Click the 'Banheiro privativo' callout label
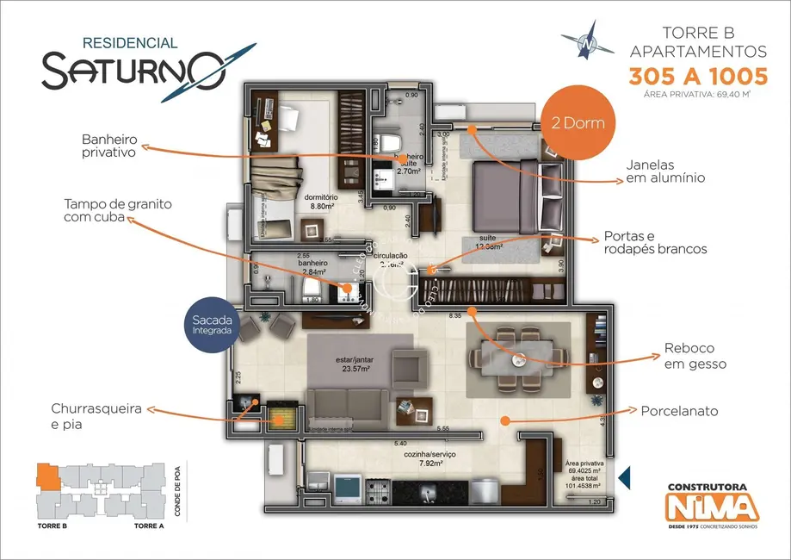(109, 146)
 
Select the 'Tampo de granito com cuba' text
(118, 211)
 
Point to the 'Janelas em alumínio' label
(667, 171)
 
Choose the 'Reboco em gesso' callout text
(695, 357)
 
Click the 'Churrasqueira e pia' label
(96, 416)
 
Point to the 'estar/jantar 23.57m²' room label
(353, 364)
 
